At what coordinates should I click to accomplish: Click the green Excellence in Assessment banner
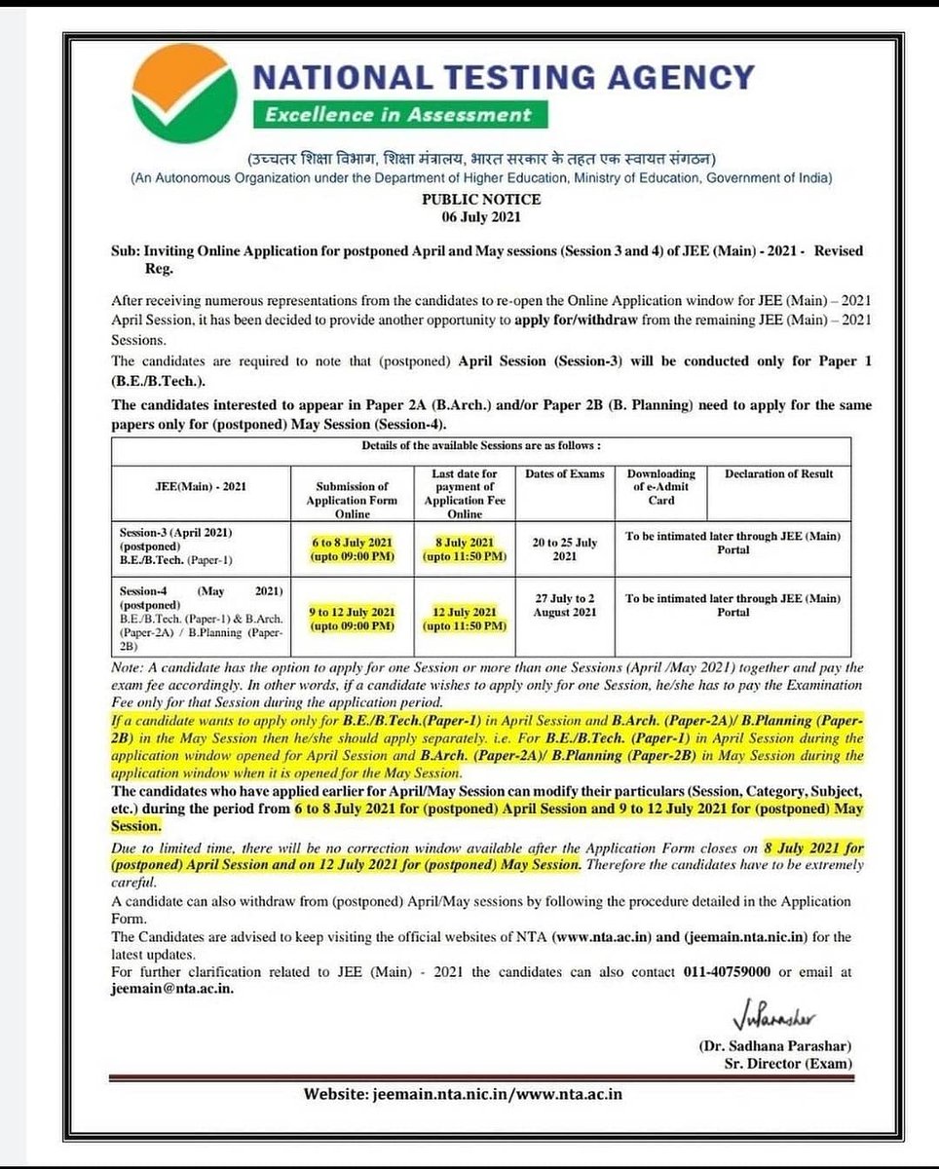pos(399,115)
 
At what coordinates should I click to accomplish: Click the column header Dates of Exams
pos(565,474)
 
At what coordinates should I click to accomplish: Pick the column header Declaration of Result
pos(778,474)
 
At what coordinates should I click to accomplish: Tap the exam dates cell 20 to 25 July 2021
pos(565,549)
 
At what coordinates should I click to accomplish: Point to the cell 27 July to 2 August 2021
pos(565,605)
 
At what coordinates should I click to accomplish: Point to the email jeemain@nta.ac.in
pos(171,988)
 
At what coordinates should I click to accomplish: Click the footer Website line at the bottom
pos(463,1094)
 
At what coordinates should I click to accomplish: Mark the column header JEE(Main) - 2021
pos(201,487)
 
